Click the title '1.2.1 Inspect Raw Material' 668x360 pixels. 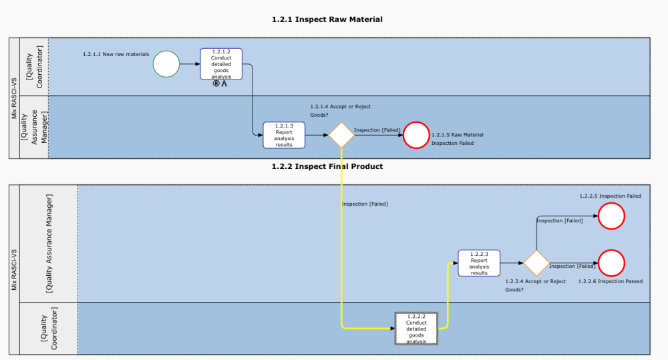point(327,19)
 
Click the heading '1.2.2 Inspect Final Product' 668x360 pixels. point(327,166)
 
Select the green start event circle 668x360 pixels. point(166,64)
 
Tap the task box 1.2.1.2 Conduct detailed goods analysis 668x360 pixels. point(221,64)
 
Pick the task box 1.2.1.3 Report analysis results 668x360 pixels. point(284,135)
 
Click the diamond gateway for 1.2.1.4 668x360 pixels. point(341,135)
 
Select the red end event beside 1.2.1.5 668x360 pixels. point(416,135)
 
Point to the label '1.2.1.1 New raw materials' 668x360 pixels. point(116,54)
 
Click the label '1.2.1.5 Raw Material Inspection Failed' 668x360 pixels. point(458,139)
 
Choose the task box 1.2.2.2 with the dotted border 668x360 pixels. point(416,328)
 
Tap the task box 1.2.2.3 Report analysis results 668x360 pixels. point(479,263)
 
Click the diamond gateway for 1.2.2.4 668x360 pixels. point(536,263)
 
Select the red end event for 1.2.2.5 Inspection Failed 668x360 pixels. point(611,216)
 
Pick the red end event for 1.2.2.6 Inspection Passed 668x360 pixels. point(611,263)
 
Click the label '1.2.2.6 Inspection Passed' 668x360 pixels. point(611,282)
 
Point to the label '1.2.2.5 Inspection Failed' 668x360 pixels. point(610,196)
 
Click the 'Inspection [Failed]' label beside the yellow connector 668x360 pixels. point(365,204)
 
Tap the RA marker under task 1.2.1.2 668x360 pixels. point(220,83)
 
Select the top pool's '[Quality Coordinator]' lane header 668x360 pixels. point(34,67)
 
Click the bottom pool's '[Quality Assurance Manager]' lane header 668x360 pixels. point(49,243)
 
